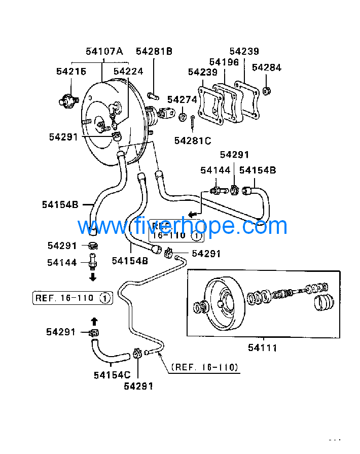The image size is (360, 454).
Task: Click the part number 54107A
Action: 104,51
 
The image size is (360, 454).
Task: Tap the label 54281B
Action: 154,51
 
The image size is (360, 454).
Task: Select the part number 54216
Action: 71,72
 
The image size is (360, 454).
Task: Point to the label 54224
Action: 128,72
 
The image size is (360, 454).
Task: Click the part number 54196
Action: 224,62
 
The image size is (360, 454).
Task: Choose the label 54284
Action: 266,67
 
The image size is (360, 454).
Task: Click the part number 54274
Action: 182,100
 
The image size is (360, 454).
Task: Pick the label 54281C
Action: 192,141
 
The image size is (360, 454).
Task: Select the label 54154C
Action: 112,375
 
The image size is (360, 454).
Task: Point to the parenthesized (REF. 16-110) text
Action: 204,367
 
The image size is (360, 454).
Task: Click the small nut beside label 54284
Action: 267,91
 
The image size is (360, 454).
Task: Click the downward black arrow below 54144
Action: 93,277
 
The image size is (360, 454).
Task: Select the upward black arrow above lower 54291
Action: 93,321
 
